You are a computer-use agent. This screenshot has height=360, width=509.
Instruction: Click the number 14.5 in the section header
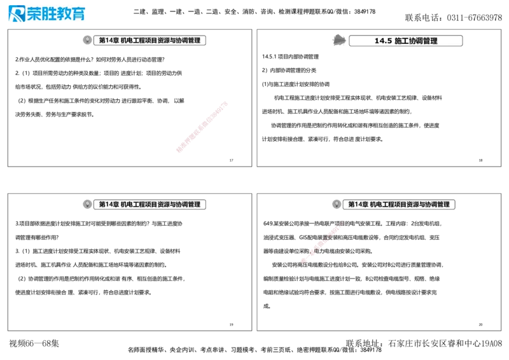tap(383, 41)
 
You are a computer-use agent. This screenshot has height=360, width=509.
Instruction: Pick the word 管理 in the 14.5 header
tap(430, 41)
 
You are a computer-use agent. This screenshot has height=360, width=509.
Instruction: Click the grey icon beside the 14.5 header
tap(338, 40)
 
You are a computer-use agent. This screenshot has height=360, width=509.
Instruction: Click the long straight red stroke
tap(201, 127)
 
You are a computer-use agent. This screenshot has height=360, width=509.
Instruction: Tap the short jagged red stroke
tap(321, 242)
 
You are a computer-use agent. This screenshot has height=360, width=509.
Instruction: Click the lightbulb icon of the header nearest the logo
tap(87, 40)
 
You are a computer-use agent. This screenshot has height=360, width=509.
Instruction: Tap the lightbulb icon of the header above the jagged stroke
tap(336, 204)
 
